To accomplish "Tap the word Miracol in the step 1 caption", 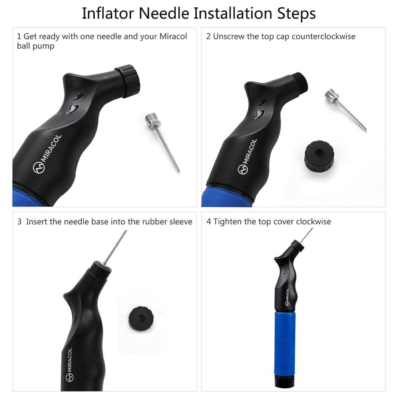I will pos(173,37).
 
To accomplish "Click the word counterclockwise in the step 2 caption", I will pos(324,37).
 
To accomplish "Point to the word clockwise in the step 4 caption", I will pos(314,222).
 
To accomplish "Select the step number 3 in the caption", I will pos(19,222).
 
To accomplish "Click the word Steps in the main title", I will pos(296,14).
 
